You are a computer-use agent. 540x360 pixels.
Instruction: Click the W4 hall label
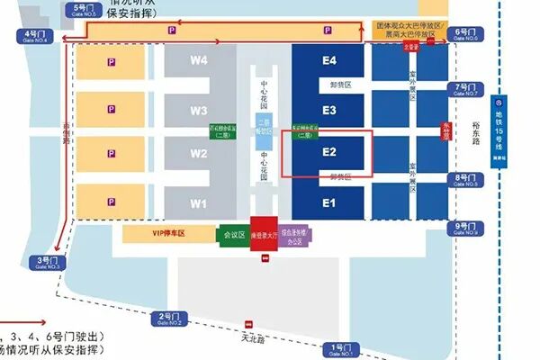[199, 61]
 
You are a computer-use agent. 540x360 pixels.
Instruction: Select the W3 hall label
[199, 111]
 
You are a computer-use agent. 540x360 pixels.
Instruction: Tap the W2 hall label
[199, 154]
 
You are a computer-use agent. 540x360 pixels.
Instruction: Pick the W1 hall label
[199, 203]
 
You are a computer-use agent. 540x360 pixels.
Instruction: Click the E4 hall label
[329, 61]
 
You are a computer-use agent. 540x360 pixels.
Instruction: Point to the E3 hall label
[329, 111]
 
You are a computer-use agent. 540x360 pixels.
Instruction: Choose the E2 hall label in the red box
[329, 153]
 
